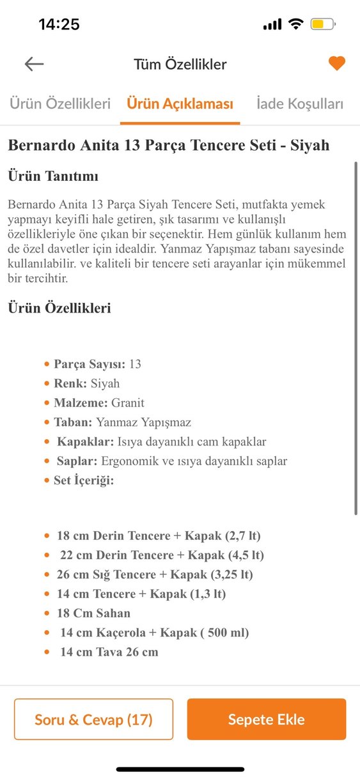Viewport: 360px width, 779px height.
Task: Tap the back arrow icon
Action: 34,63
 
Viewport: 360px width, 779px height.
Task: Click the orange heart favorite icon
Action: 336,63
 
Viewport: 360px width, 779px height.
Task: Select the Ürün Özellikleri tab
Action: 59,104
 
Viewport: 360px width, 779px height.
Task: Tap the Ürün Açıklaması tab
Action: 180,104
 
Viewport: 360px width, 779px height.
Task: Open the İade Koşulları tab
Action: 299,104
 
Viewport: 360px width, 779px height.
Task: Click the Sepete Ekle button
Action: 266,720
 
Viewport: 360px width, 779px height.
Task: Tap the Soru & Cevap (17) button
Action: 93,720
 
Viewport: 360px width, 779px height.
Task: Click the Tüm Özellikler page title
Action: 180,64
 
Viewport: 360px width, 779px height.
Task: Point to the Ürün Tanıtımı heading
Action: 53,176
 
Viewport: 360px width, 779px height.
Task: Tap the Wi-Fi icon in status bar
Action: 295,24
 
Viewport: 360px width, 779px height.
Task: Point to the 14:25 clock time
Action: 59,25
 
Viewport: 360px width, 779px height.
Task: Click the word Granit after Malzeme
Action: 128,403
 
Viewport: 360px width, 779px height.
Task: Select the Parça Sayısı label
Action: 90,364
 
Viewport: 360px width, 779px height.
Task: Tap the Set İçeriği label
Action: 84,480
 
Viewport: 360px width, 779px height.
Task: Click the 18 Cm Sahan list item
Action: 93,613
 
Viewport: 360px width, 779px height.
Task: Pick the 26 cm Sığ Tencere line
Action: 154,575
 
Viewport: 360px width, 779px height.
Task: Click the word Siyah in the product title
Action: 309,145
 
